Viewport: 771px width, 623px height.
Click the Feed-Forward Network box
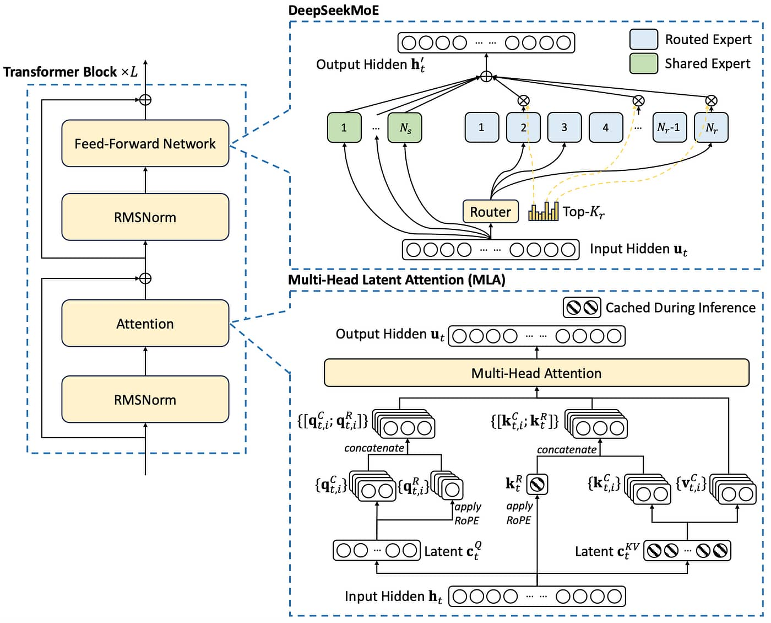point(145,143)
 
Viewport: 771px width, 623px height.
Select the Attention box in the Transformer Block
point(145,323)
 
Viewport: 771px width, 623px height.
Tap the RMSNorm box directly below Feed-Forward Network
point(145,217)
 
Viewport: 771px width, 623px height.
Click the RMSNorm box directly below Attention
point(145,399)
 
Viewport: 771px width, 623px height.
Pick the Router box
point(490,212)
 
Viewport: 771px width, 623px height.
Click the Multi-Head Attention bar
point(536,373)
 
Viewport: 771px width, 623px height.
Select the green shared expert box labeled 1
point(344,127)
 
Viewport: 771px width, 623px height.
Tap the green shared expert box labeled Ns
point(405,127)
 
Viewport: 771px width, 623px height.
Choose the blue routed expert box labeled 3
point(564,127)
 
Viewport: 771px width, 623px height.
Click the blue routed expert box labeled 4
point(605,127)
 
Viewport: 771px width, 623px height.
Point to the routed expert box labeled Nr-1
point(669,127)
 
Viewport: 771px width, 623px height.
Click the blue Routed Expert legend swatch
point(643,39)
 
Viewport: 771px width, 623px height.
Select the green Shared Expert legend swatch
point(643,63)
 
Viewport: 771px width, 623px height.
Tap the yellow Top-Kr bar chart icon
point(543,212)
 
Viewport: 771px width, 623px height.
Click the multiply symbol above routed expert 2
point(524,100)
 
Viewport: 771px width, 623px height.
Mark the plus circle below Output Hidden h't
point(486,77)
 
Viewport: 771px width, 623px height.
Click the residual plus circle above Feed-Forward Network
point(145,100)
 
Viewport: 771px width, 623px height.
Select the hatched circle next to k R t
point(537,484)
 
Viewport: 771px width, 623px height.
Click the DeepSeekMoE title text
point(334,10)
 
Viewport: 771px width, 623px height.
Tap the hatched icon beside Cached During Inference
point(582,307)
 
